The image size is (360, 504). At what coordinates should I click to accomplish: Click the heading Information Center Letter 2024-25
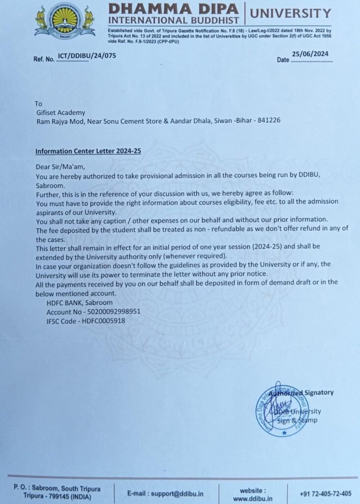coord(88,151)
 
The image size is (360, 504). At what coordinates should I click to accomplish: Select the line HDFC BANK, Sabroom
coord(79,302)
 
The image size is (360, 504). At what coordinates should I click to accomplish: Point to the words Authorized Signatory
coord(301,392)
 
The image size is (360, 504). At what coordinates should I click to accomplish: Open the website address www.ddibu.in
coord(253,498)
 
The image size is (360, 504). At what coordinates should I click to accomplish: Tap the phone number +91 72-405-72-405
coord(326,493)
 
